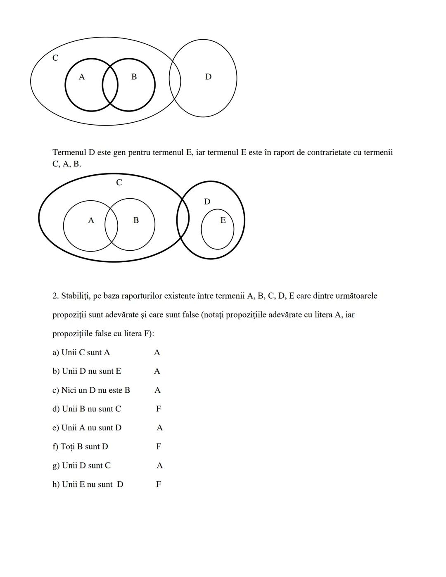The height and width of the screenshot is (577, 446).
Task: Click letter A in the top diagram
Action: (82, 77)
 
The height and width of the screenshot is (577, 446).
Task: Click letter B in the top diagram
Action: (134, 77)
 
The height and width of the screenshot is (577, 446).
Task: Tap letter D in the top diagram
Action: (208, 77)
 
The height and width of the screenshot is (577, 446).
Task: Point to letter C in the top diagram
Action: (55, 58)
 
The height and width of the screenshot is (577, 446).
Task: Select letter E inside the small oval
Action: (223, 221)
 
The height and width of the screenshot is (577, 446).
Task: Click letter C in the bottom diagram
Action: (119, 183)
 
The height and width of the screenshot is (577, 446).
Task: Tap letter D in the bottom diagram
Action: (207, 202)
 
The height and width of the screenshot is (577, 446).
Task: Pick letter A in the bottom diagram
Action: (91, 221)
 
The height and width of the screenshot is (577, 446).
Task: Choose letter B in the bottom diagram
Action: (136, 221)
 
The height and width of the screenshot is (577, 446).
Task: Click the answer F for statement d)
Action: (159, 409)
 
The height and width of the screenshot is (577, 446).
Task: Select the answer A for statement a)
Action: (157, 353)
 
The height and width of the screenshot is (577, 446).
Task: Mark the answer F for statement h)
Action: (159, 484)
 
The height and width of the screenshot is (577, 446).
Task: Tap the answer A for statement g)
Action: (160, 466)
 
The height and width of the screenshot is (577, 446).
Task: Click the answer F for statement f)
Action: (159, 446)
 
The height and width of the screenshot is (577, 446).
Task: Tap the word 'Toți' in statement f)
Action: (68, 447)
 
